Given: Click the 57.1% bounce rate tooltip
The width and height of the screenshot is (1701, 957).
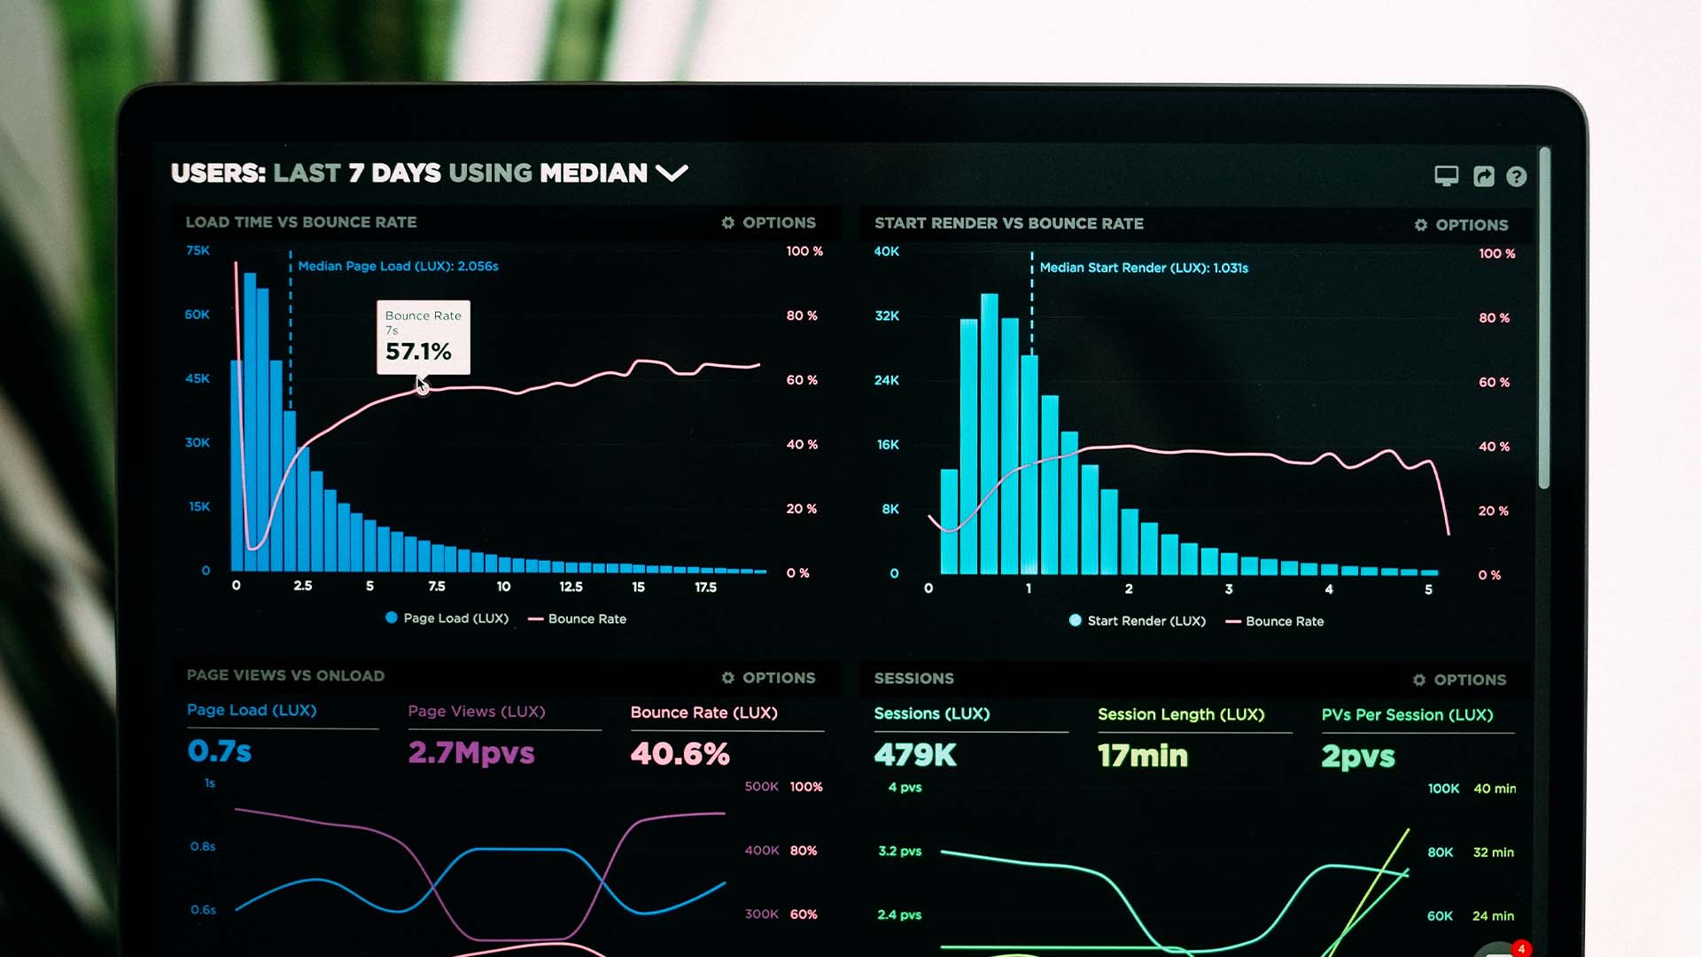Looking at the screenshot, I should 423,338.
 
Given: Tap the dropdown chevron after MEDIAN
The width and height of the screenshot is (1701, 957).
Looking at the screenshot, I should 672,173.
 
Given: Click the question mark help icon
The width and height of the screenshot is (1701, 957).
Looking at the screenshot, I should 1516,176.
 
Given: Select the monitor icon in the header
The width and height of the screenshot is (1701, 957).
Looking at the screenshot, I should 1446,176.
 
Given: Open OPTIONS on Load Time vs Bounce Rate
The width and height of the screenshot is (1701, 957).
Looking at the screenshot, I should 768,222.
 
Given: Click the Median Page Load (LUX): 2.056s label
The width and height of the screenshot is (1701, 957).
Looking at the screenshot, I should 398,266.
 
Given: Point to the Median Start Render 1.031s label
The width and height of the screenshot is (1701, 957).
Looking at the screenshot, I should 1143,268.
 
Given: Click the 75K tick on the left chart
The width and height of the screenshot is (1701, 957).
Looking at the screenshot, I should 198,251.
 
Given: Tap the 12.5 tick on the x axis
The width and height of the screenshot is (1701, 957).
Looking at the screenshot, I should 571,587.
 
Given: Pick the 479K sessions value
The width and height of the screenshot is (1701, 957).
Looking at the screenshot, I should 915,755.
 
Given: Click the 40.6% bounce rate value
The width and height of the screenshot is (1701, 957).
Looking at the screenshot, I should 680,754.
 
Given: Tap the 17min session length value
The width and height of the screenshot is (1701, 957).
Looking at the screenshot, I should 1142,756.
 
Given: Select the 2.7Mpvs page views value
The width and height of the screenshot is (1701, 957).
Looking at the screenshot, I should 471,753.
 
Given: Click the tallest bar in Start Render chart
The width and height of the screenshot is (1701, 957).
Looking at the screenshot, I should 989,434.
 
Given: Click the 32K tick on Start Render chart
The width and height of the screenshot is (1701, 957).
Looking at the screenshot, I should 887,315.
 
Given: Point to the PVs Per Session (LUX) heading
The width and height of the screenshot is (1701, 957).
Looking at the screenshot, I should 1407,715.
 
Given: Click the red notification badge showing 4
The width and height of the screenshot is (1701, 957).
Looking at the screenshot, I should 1521,949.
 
